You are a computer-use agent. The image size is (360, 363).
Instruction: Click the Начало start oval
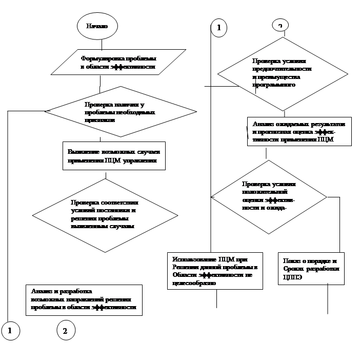click(x=97, y=26)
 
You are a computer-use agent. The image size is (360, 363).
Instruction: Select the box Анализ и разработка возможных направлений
click(x=84, y=299)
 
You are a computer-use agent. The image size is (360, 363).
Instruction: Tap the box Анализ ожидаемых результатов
click(x=299, y=133)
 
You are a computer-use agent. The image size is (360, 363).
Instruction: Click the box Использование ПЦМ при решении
click(x=215, y=271)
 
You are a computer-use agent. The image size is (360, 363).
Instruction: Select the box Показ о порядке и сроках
click(x=311, y=268)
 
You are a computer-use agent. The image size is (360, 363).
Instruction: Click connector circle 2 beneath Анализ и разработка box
click(x=65, y=331)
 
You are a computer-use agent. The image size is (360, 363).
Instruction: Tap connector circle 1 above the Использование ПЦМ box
click(x=219, y=28)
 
